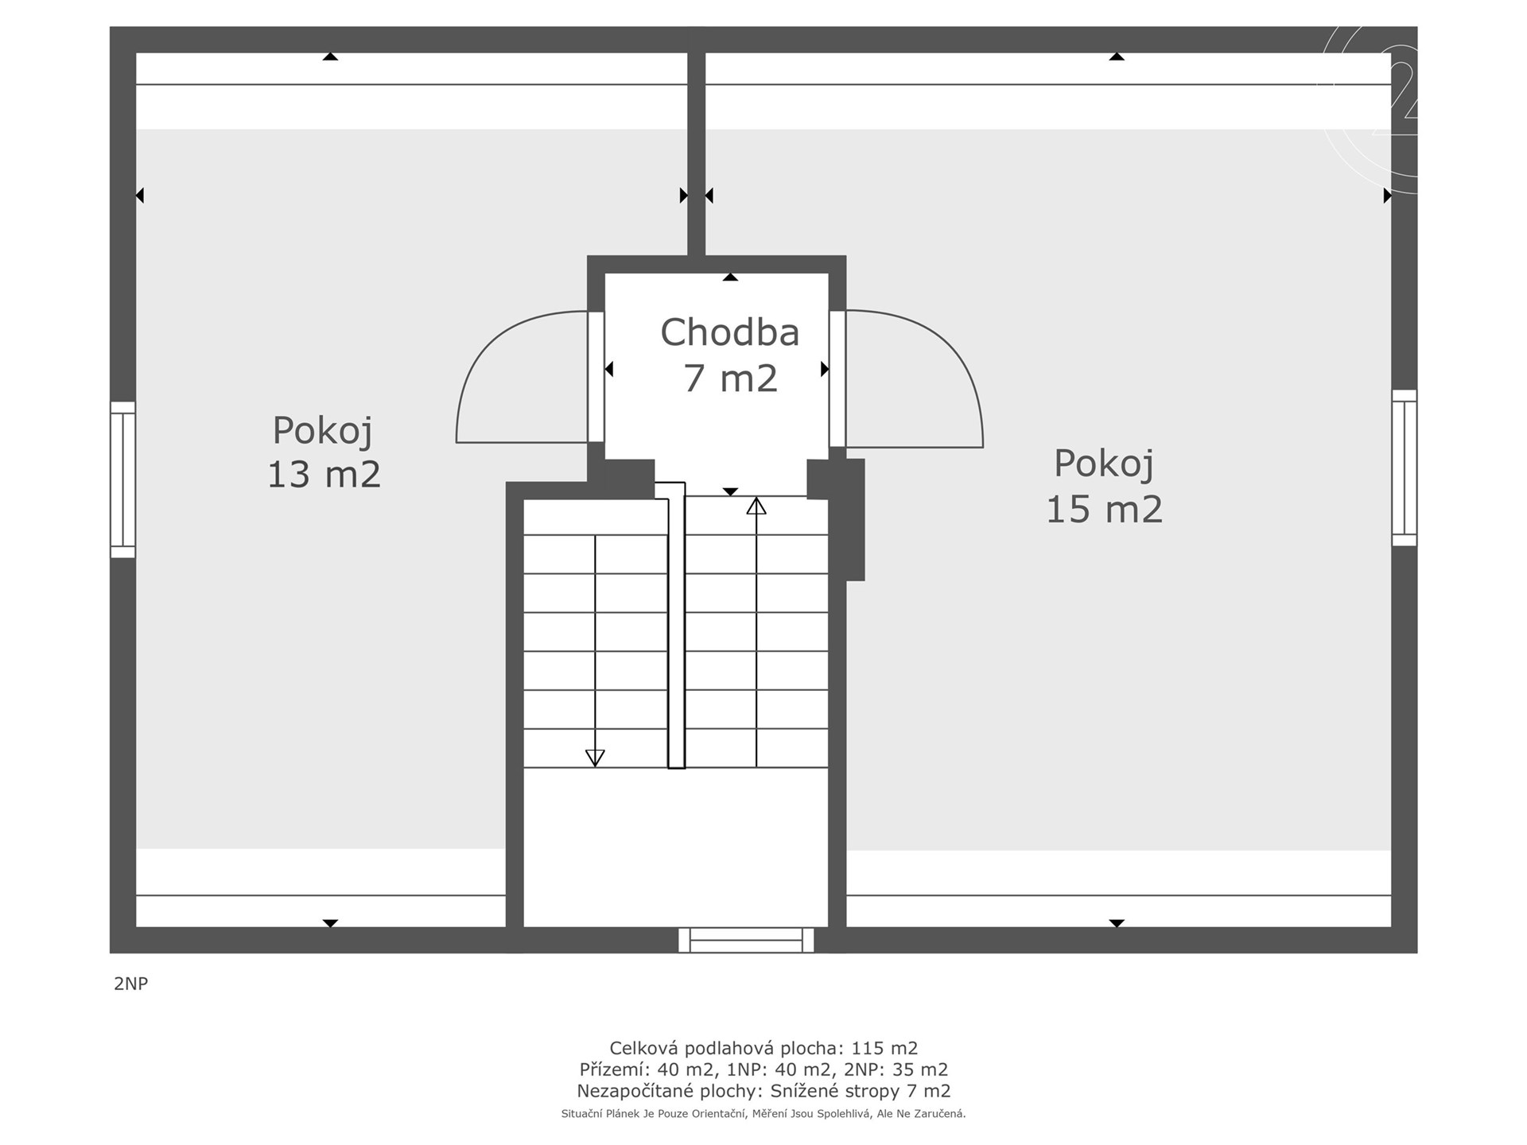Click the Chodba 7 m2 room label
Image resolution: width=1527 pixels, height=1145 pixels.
730,355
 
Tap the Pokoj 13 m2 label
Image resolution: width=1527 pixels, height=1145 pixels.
324,452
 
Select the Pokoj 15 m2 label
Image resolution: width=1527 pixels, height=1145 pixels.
1104,487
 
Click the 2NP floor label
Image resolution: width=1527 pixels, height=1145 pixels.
131,984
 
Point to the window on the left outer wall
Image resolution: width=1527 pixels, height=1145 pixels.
122,479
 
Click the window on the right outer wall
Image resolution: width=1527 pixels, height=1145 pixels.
1405,468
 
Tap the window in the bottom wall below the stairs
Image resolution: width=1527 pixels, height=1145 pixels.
746,940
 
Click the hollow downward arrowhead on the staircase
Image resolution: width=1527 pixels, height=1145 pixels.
595,758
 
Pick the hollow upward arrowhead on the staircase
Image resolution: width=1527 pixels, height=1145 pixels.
756,506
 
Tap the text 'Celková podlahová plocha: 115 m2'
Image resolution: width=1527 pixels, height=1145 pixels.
763,1048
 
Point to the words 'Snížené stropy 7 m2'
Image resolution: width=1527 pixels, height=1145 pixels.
861,1091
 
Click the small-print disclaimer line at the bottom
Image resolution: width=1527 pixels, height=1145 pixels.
763,1114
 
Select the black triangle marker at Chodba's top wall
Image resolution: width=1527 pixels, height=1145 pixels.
730,278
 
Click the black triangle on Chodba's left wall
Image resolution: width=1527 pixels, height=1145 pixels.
609,369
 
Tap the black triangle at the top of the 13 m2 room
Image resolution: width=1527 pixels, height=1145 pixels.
330,56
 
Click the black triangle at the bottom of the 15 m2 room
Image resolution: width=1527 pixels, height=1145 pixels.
1117,923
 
